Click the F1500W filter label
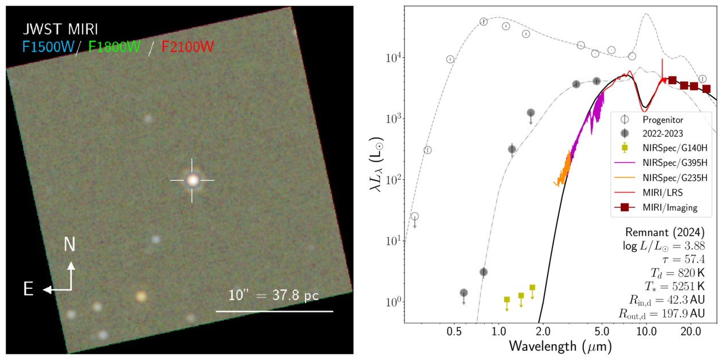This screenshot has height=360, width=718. coord(48,47)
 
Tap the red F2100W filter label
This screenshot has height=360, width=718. coord(187,47)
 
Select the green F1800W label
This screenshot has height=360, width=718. coord(114,47)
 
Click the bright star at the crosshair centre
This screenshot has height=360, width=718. coord(193,180)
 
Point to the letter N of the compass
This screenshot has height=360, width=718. coord(69,244)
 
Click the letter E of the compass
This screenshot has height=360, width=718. coord(28,289)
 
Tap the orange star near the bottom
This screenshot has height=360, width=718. coord(141,296)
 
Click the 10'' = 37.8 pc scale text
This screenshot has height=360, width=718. coord(274,295)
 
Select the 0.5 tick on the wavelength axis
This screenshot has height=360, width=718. coord(454,331)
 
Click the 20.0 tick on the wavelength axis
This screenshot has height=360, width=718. coord(690,331)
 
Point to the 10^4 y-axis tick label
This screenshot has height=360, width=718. coord(394,58)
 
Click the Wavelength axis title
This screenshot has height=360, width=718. coord(560,347)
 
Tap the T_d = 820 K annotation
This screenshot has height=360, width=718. coord(677,273)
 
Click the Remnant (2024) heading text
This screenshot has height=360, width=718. coord(665,232)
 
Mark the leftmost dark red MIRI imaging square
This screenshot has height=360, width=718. coord(673,80)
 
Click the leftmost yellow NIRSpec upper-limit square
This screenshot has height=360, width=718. coord(507,300)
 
